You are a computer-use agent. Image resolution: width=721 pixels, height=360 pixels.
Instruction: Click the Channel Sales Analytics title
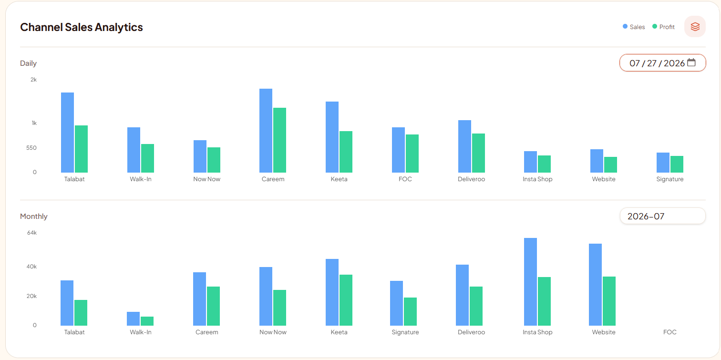point(82,27)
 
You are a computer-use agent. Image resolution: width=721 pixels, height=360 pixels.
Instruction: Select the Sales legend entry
point(634,27)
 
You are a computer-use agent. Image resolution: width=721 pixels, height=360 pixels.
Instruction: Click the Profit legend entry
point(663,27)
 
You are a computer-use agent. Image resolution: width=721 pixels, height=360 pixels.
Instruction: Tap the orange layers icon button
point(695,26)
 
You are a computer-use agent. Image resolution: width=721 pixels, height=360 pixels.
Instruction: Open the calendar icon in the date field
point(691,62)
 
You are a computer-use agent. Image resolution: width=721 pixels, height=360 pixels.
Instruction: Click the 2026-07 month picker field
point(662,216)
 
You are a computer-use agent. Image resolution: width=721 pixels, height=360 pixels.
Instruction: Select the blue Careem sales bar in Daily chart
point(266,131)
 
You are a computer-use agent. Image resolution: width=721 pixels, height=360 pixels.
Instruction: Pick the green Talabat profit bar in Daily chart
point(82,149)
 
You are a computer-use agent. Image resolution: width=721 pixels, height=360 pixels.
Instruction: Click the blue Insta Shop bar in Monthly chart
point(530,282)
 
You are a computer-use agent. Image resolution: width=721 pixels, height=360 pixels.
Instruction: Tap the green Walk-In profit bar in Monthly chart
point(147,321)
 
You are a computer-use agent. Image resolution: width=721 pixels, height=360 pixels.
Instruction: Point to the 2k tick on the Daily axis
point(33,80)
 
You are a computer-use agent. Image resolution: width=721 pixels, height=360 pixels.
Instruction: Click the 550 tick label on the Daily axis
point(31,148)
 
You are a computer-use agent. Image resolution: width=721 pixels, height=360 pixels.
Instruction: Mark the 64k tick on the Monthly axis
point(32,233)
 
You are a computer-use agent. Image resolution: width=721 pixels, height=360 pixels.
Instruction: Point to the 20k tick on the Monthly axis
point(31,296)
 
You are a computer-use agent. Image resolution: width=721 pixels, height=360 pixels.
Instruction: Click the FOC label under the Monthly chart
point(670,332)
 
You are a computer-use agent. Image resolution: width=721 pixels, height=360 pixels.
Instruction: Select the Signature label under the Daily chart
point(670,179)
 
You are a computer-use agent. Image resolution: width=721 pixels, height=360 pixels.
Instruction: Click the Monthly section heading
point(34,216)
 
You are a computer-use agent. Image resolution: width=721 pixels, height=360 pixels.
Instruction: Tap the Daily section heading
point(28,63)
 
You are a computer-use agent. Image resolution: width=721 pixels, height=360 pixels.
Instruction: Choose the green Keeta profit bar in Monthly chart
point(346,300)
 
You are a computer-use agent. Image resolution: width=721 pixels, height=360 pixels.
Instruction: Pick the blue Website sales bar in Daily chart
point(597,161)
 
